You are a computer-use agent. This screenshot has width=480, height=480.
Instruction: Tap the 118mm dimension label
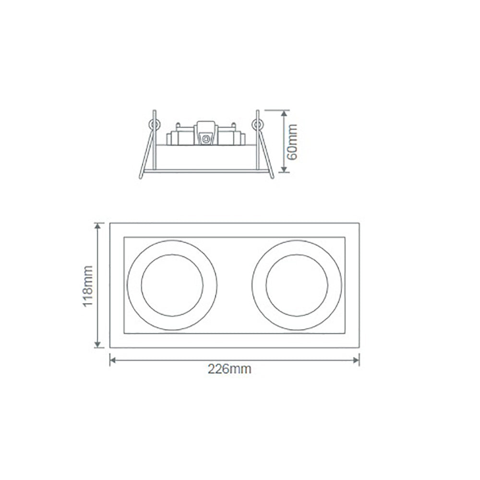pyautogui.click(x=88, y=287)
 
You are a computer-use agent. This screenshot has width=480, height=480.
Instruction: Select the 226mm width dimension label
pyautogui.click(x=229, y=370)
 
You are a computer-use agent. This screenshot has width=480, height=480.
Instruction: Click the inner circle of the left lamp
pyautogui.click(x=172, y=285)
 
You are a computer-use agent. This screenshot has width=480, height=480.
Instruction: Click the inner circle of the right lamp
pyautogui.click(x=297, y=285)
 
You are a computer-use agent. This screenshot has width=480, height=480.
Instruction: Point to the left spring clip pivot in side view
pyautogui.click(x=154, y=124)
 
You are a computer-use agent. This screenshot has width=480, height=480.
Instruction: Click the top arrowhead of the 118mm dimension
pyautogui.click(x=98, y=225)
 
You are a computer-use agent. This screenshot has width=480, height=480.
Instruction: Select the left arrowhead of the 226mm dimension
pyautogui.click(x=112, y=359)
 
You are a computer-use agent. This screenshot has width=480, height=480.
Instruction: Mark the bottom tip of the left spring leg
pyautogui.click(x=141, y=178)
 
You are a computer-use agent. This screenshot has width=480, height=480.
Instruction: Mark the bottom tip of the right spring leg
pyautogui.click(x=272, y=178)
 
